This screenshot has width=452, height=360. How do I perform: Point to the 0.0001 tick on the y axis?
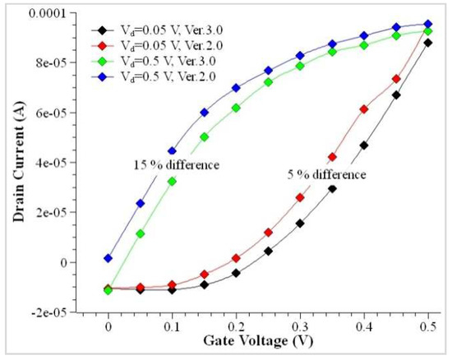click(x=48, y=13)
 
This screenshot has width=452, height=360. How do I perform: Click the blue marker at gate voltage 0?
click(x=108, y=258)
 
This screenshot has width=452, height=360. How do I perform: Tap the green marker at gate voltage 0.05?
click(x=141, y=233)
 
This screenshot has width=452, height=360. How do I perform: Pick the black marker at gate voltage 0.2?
click(x=236, y=273)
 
